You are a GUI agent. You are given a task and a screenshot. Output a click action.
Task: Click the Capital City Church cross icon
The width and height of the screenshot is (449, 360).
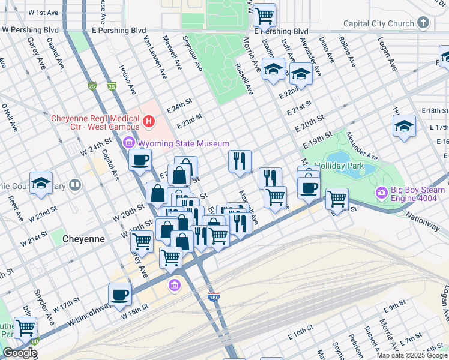(423, 23)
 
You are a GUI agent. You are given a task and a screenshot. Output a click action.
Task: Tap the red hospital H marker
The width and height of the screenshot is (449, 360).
(149, 122)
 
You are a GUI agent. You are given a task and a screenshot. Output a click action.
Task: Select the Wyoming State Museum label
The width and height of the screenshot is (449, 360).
(184, 143)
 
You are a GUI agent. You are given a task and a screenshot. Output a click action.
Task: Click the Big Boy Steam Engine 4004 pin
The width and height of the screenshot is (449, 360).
(382, 193)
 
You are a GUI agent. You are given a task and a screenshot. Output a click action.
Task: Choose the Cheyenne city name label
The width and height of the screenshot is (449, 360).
(83, 238)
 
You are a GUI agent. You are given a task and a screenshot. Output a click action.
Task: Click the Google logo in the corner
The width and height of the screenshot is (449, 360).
(19, 353)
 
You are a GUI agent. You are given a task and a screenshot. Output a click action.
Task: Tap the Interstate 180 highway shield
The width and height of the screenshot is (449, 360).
(213, 296)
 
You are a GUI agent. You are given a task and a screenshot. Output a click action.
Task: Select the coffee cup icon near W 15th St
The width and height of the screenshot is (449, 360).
(119, 295)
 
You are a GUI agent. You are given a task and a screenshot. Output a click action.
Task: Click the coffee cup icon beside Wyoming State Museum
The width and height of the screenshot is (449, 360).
(140, 160)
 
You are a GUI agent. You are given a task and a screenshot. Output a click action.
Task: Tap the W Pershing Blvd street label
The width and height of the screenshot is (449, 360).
(31, 29)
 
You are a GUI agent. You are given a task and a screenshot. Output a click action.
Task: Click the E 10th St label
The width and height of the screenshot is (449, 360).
(306, 333)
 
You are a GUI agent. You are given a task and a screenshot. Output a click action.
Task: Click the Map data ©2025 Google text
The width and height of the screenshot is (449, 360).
(412, 355)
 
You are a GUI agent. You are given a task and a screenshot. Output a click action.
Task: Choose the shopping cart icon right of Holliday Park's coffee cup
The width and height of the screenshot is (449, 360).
(337, 198)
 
